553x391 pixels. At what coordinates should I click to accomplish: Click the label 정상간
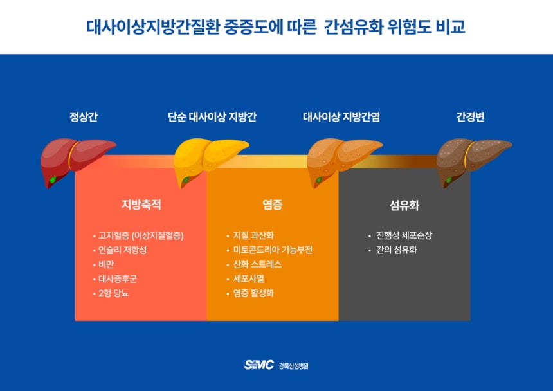(83, 116)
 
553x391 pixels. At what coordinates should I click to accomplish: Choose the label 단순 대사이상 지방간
(212, 116)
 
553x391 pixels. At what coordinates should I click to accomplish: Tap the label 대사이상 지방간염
(341, 116)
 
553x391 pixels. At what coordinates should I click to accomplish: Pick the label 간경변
(470, 116)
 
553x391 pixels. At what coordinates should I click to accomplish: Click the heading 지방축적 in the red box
(141, 205)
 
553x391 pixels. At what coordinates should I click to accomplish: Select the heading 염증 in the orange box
(273, 205)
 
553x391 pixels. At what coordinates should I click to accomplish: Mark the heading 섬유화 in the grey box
(404, 205)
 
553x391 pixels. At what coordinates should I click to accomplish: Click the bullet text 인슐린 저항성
(122, 250)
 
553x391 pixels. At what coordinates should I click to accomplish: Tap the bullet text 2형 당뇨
(114, 293)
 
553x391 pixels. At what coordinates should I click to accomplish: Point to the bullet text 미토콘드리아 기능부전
(273, 250)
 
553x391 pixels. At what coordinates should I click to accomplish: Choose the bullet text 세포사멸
(249, 279)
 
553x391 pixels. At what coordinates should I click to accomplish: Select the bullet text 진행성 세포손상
(404, 235)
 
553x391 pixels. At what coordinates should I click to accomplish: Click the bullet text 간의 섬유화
(396, 250)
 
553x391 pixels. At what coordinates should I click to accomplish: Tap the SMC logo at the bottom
(259, 365)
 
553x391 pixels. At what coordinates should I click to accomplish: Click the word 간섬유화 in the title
(354, 27)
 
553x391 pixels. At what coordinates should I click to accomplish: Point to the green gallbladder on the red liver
(53, 180)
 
